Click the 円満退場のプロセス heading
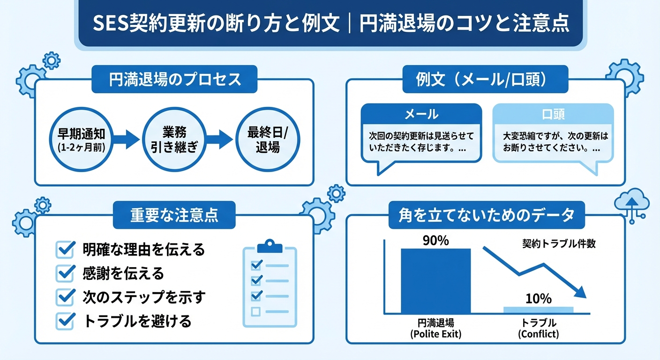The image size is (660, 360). pos(174,79)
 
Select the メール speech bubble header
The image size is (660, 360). pos(421,114)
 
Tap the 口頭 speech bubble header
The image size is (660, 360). pos(553,114)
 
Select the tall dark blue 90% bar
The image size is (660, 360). pos(435,281)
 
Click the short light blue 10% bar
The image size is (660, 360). pos(538,310)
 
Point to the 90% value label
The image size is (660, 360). pos(435,240)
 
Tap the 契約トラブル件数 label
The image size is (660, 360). pos(559,244)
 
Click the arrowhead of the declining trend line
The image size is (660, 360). pos(580,292)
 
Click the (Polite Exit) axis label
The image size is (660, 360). pos(435,334)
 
